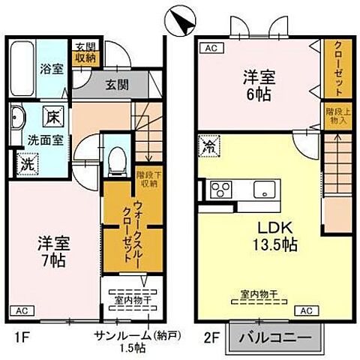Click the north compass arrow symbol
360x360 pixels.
point(179,18)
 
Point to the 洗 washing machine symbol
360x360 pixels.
point(25,161)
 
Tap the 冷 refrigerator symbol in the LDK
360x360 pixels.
point(205,146)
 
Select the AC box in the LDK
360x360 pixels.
point(306,310)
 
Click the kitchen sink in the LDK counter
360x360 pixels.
point(265,188)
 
